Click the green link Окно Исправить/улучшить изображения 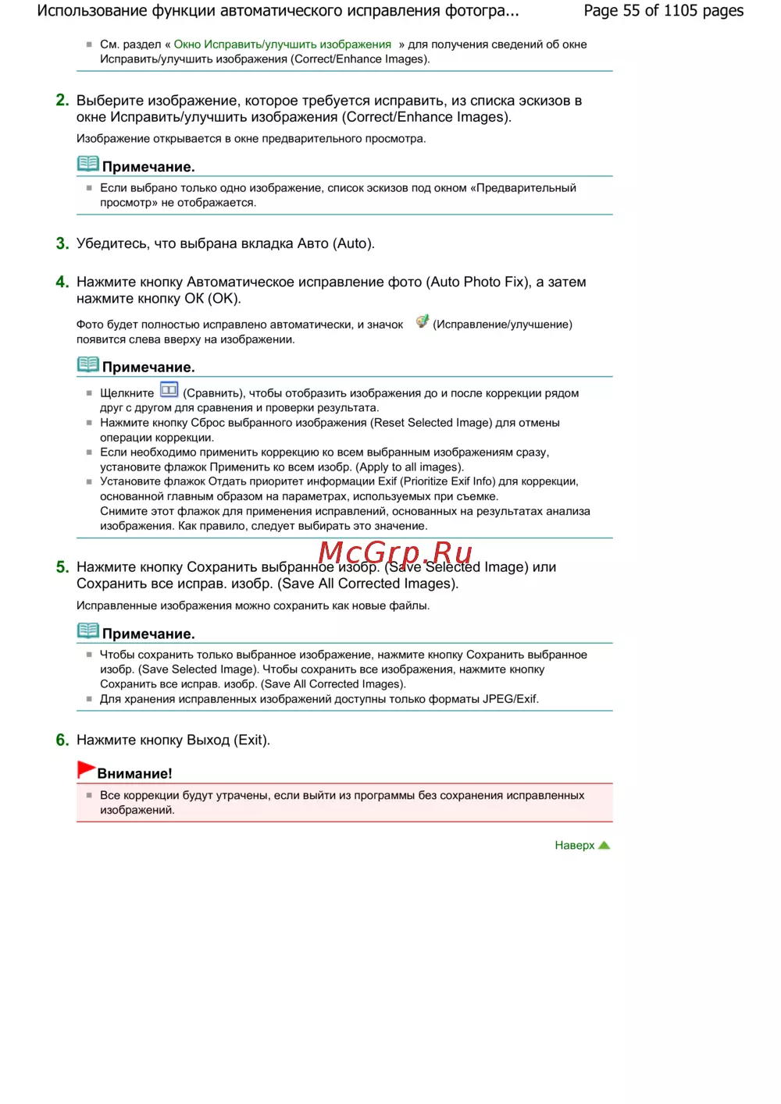[282, 44]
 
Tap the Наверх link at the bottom [574, 845]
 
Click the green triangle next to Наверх [604, 845]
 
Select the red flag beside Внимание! [86, 770]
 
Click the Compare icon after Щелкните [169, 389]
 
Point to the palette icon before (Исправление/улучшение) [422, 321]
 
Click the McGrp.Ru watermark [395, 552]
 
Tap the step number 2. [62, 101]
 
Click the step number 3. [62, 243]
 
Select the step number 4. [62, 282]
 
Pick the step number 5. [62, 567]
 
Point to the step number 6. [62, 740]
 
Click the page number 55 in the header [631, 11]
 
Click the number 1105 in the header [680, 11]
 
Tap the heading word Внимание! [134, 773]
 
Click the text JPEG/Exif [510, 699]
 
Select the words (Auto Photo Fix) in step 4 [479, 282]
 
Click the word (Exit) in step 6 [251, 740]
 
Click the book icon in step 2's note [88, 164]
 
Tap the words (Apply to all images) [409, 467]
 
